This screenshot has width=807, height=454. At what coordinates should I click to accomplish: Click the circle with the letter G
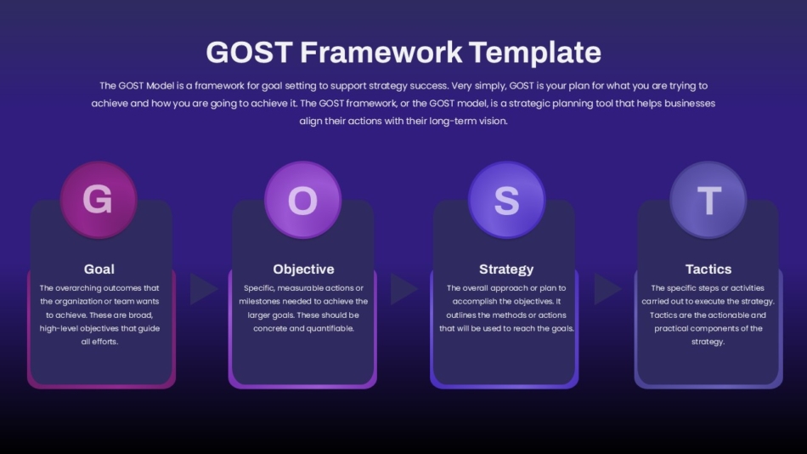pyautogui.click(x=99, y=200)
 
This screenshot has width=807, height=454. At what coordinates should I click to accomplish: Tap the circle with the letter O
pyautogui.click(x=302, y=200)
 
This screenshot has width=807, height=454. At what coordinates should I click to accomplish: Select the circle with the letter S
pyautogui.click(x=506, y=200)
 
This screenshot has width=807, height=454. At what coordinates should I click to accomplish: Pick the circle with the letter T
pyautogui.click(x=708, y=200)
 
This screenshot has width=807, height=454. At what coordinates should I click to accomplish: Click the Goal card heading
pyautogui.click(x=99, y=269)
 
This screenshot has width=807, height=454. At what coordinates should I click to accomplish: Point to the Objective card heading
pyautogui.click(x=303, y=269)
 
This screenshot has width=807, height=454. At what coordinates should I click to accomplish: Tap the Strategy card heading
pyautogui.click(x=506, y=270)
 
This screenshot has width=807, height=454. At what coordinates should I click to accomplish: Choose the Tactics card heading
pyautogui.click(x=708, y=269)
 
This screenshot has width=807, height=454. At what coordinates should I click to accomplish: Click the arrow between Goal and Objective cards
pyautogui.click(x=203, y=289)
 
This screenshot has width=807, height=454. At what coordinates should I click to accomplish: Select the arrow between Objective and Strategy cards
pyautogui.click(x=403, y=289)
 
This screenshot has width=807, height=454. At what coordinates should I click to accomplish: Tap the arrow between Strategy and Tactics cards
pyautogui.click(x=607, y=289)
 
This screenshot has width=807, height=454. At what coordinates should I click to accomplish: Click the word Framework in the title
pyautogui.click(x=381, y=53)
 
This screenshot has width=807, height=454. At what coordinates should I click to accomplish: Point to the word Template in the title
pyautogui.click(x=534, y=54)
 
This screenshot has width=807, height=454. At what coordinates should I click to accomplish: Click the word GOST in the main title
pyautogui.click(x=250, y=53)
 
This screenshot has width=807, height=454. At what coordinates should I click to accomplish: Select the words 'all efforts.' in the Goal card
pyautogui.click(x=99, y=342)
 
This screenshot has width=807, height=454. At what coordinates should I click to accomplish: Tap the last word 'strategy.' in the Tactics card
pyautogui.click(x=708, y=342)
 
